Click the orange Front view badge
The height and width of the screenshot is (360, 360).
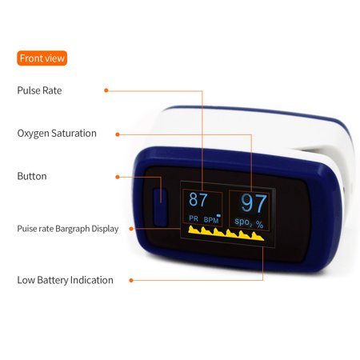pyautogui.click(x=42, y=58)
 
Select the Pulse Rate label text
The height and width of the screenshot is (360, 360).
pyautogui.click(x=39, y=90)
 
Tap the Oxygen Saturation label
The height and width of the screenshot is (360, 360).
pyautogui.click(x=57, y=134)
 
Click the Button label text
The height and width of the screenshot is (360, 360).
pyautogui.click(x=32, y=176)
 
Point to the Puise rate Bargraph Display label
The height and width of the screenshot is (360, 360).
pyautogui.click(x=68, y=229)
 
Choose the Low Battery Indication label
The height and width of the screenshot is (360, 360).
pyautogui.click(x=66, y=280)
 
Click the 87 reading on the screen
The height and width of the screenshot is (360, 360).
pyautogui.click(x=198, y=199)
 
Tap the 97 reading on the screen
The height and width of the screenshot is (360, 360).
pyautogui.click(x=254, y=203)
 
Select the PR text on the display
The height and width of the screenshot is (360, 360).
pyautogui.click(x=194, y=218)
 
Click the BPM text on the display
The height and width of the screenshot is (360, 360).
pyautogui.click(x=211, y=220)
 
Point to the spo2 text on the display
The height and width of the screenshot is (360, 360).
pyautogui.click(x=243, y=222)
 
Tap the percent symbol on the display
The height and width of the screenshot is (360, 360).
pyautogui.click(x=260, y=225)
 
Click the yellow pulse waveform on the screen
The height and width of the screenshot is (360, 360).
pyautogui.click(x=226, y=234)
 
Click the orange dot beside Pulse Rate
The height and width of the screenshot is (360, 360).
pyautogui.click(x=106, y=90)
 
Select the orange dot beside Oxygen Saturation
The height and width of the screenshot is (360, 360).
pyautogui.click(x=118, y=134)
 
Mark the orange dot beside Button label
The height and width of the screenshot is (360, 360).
pyautogui.click(x=118, y=177)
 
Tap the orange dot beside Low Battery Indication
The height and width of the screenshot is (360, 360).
pyautogui.click(x=131, y=280)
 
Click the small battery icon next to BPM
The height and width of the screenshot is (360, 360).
pyautogui.click(x=218, y=215)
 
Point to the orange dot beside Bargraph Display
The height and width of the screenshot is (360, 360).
pyautogui.click(x=131, y=229)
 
